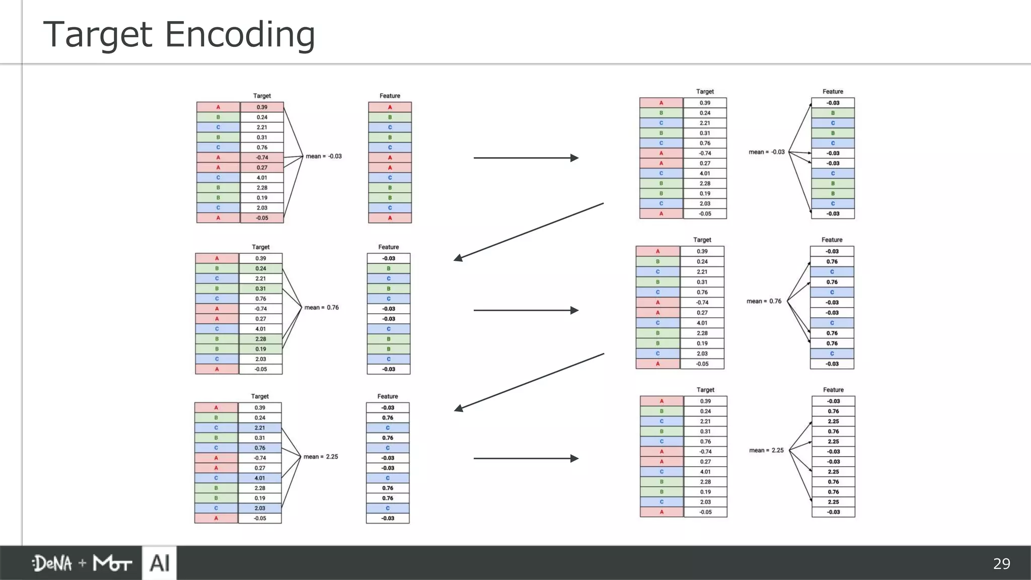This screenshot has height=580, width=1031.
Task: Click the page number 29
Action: [1001, 563]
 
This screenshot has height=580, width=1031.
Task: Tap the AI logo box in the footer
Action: [160, 563]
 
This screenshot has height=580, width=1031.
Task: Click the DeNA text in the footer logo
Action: [52, 563]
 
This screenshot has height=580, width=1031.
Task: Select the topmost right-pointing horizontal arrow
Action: [526, 158]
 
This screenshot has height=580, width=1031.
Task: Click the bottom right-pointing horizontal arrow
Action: [526, 458]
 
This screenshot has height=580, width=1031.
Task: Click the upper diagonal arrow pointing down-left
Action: [529, 232]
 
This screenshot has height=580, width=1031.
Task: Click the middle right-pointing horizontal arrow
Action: [526, 310]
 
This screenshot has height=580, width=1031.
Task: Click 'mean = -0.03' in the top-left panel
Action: [324, 156]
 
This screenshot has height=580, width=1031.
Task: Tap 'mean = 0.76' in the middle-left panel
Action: [322, 307]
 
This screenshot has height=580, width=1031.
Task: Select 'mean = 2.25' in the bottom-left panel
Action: [321, 457]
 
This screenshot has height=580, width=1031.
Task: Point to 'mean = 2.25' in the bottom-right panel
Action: [766, 450]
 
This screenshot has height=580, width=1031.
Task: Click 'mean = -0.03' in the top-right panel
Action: [766, 152]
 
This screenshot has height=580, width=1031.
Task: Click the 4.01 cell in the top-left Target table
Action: [262, 178]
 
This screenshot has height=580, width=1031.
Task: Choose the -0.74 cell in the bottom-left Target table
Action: [260, 458]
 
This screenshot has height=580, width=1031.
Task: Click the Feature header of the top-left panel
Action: [390, 96]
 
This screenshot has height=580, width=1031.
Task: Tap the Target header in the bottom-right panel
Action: [705, 390]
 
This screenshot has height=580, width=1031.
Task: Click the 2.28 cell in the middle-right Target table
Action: [702, 333]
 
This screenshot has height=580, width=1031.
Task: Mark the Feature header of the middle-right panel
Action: [832, 240]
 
